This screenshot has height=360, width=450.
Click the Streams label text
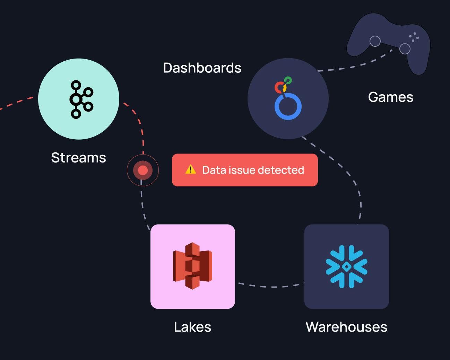[x=78, y=158]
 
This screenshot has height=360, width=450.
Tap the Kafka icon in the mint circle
[x=81, y=99]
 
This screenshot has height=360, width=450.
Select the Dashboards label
[x=202, y=68]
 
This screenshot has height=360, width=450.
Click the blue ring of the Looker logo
[x=288, y=107]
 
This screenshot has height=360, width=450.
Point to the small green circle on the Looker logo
[x=288, y=81]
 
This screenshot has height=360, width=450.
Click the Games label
[x=390, y=97]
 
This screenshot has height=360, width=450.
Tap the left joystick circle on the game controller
[x=375, y=41]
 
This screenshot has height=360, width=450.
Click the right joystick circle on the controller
[x=405, y=49]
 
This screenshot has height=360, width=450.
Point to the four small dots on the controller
[x=414, y=37]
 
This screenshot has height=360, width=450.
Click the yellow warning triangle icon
[x=190, y=169]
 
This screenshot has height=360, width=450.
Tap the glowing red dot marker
[x=143, y=170]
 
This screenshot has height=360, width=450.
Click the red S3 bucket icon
[x=192, y=266]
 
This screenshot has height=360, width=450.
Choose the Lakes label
[x=192, y=327]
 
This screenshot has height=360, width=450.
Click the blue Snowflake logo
[x=346, y=266]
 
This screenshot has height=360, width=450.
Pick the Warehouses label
[x=346, y=327]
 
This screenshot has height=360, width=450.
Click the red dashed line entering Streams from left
[x=17, y=103]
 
